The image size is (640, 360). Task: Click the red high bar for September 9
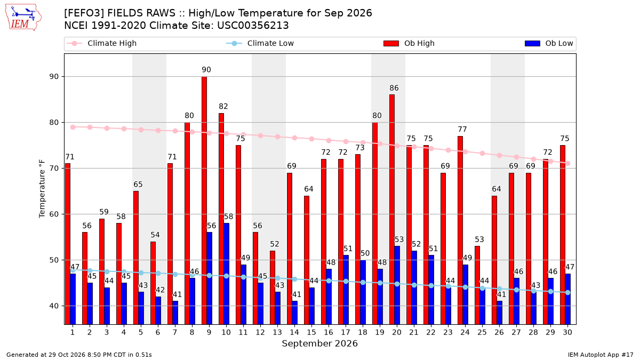click(204, 201)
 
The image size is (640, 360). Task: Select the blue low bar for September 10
click(226, 274)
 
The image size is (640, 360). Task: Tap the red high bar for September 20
click(392, 210)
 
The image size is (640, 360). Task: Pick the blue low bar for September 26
click(499, 313)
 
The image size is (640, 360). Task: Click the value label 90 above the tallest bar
click(206, 70)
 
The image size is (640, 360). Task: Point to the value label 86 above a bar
click(394, 88)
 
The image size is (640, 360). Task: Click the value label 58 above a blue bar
click(228, 217)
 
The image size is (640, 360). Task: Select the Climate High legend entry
click(102, 43)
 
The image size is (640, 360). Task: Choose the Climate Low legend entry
click(260, 43)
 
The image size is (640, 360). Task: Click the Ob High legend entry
click(409, 43)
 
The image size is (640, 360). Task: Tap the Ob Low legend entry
click(549, 43)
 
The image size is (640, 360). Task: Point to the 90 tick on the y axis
click(54, 77)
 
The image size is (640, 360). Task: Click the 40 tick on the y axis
click(54, 306)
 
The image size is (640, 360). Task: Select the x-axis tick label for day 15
click(311, 333)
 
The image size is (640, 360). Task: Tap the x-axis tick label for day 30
click(567, 333)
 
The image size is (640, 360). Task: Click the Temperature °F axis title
click(42, 189)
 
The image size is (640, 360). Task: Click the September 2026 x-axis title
click(319, 343)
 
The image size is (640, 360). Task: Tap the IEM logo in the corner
click(23, 18)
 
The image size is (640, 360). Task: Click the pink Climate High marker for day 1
click(73, 127)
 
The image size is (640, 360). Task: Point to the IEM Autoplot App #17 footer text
click(601, 355)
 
